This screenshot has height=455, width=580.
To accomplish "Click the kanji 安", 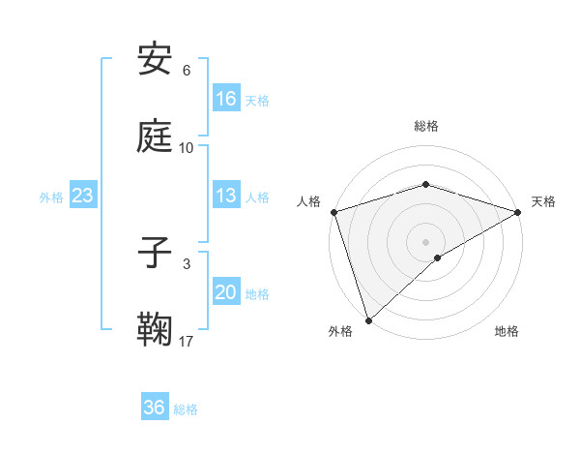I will pyautogui.click(x=156, y=60).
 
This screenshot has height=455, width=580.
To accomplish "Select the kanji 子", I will pyautogui.click(x=156, y=254).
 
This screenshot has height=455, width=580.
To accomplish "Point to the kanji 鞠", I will pyautogui.click(x=156, y=330).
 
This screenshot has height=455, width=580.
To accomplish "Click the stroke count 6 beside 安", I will pyautogui.click(x=187, y=71).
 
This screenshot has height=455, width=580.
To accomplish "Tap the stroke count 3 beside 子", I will pyautogui.click(x=187, y=263).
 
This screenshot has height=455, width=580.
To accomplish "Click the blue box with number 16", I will pyautogui.click(x=226, y=99).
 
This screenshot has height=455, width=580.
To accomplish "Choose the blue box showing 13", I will pyautogui.click(x=226, y=196).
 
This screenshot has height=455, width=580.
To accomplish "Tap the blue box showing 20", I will pyautogui.click(x=226, y=292).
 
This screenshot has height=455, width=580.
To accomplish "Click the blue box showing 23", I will pyautogui.click(x=83, y=197).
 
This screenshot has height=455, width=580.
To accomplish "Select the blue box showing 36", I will pyautogui.click(x=155, y=409).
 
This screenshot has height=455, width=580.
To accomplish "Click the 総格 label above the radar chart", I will pyautogui.click(x=426, y=126).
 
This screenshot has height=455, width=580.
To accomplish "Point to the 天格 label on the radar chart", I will pyautogui.click(x=544, y=201).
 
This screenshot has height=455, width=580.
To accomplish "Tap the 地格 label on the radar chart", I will pyautogui.click(x=507, y=332).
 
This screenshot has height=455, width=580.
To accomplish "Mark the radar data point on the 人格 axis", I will pyautogui.click(x=333, y=212).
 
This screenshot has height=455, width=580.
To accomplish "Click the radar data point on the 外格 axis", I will pyautogui.click(x=368, y=320).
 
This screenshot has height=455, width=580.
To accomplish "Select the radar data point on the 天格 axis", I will pyautogui.click(x=518, y=212).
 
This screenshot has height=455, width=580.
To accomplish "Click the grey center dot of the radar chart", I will pyautogui.click(x=425, y=241).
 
